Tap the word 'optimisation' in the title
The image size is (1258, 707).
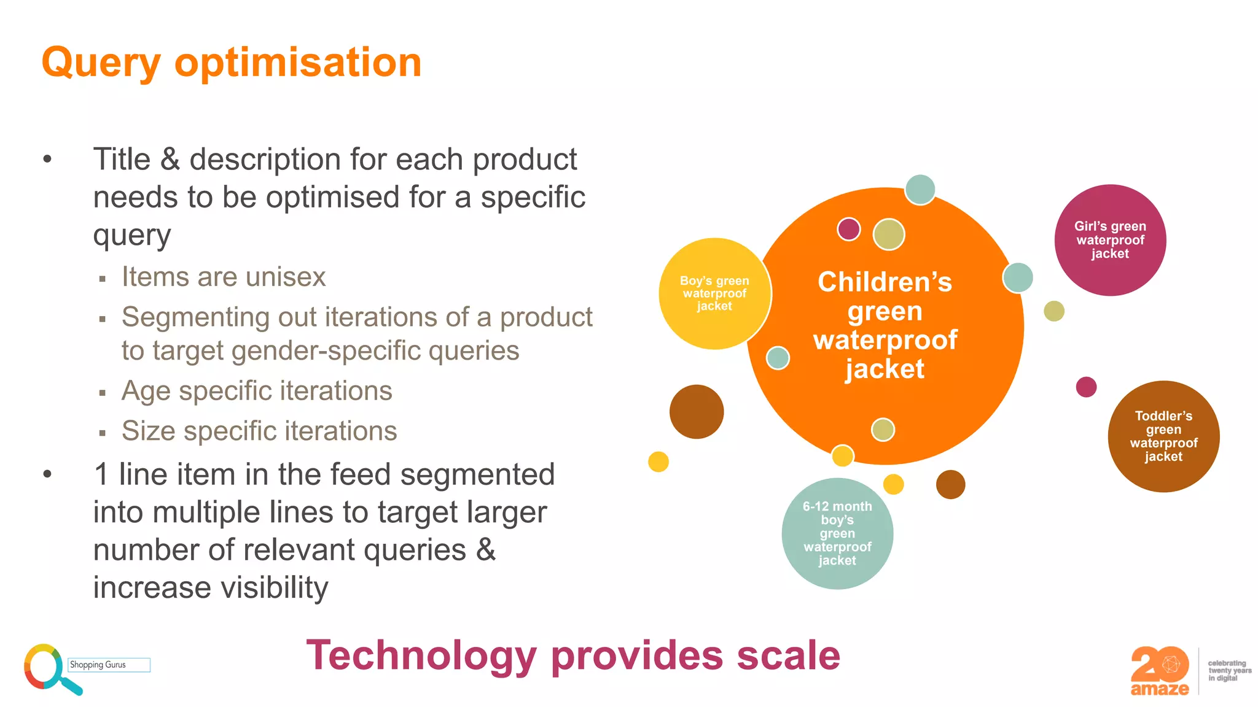pos(298,64)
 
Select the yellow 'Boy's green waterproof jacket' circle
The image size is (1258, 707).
pos(714,293)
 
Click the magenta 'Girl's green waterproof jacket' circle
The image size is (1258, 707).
pos(1110,240)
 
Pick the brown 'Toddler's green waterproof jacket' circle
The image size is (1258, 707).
pos(1163,436)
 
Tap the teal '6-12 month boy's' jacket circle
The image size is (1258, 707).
pos(837,533)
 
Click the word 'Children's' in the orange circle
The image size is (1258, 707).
pos(885,282)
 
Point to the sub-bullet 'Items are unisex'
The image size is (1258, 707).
pos(224,277)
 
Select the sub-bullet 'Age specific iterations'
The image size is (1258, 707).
pos(257,391)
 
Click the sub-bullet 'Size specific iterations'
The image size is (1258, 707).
pos(259,431)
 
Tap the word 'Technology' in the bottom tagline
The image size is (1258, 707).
pos(421,655)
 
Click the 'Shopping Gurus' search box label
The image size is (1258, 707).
pos(98,665)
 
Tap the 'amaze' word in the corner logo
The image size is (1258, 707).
pos(1159,689)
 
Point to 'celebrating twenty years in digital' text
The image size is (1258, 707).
pos(1229,671)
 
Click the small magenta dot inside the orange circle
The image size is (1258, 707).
pos(848,230)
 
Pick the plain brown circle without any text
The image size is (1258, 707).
pos(697,412)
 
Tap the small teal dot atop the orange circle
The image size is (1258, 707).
pos(920,190)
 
